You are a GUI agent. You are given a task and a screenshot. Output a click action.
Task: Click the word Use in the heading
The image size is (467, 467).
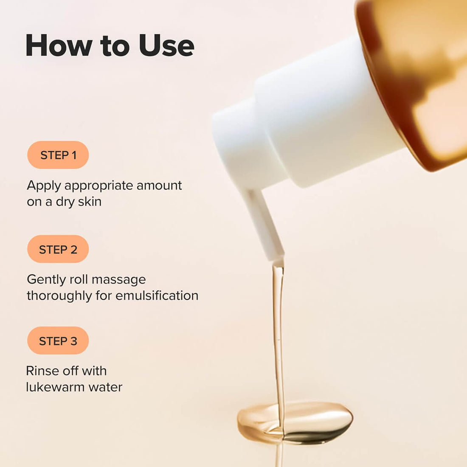pos(166,45)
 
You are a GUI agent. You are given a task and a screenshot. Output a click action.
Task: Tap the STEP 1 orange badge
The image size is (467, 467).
pos(58,155)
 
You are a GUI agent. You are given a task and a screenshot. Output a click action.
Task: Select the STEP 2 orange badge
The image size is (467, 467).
pos(58,249)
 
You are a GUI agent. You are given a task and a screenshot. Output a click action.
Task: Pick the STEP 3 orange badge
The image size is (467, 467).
pos(58,340)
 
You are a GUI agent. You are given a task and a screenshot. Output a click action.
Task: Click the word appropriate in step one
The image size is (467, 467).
pos(98,186)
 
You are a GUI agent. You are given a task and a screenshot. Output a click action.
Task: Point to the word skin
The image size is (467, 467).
pos(90,202)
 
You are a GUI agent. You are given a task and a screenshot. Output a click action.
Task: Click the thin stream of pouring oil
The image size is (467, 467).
pos(278,331)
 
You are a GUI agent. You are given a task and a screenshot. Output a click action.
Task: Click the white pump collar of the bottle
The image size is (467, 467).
pos(306,123)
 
